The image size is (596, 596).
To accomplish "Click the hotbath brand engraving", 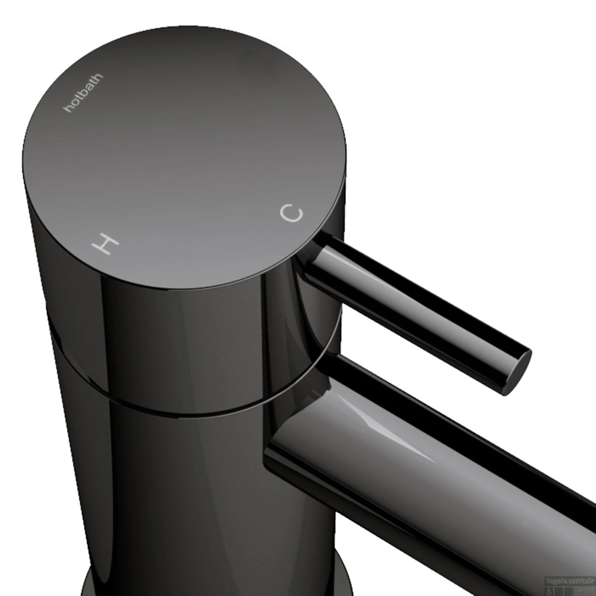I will click(83, 93).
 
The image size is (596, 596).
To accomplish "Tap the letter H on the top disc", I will click(105, 243).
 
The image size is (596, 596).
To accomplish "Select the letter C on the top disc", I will click(292, 213).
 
